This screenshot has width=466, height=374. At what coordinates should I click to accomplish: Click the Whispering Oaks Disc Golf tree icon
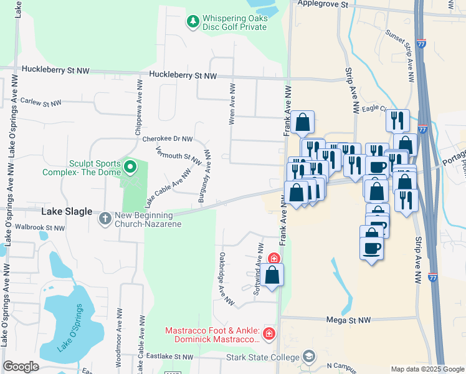[x=193, y=22]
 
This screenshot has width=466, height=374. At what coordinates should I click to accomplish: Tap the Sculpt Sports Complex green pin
[x=130, y=166]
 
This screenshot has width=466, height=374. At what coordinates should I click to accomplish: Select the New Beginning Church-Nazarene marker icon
[x=105, y=218]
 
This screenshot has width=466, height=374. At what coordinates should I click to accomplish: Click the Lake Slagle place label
[x=67, y=212]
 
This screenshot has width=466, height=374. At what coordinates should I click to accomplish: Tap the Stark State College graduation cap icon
[x=308, y=357]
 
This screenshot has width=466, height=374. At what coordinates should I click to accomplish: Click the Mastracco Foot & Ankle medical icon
[x=269, y=335]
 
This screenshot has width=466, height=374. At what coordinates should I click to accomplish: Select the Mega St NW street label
[x=349, y=320]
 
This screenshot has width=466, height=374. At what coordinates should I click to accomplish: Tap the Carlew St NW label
[x=41, y=102]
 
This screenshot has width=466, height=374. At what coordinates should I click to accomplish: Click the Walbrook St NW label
[x=40, y=228]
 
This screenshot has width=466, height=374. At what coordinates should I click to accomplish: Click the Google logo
[x=21, y=367]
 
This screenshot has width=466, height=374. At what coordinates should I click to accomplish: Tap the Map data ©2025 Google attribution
[x=427, y=369]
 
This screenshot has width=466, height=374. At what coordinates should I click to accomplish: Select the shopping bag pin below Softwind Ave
[x=272, y=275]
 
